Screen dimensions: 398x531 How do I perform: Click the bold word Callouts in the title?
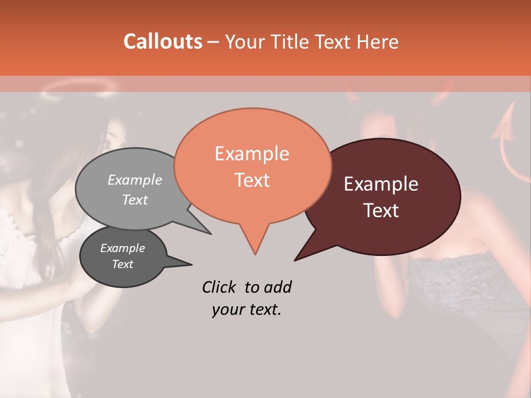coord(163,41)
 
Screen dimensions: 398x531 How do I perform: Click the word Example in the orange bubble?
coord(252,154)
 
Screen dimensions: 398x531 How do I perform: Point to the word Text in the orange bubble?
coord(252,180)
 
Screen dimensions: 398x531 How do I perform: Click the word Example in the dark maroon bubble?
coord(381,184)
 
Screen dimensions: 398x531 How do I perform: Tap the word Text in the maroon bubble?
coord(381,211)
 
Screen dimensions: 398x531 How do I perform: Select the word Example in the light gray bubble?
coord(135,180)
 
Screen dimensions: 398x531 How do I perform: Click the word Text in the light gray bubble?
coord(135,200)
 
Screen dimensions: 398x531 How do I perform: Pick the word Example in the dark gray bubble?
coord(123,248)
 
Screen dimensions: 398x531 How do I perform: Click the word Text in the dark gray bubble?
coord(123,264)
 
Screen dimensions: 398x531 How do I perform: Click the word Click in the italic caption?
coord(220,287)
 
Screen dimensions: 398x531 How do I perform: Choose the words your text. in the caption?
coord(246,310)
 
